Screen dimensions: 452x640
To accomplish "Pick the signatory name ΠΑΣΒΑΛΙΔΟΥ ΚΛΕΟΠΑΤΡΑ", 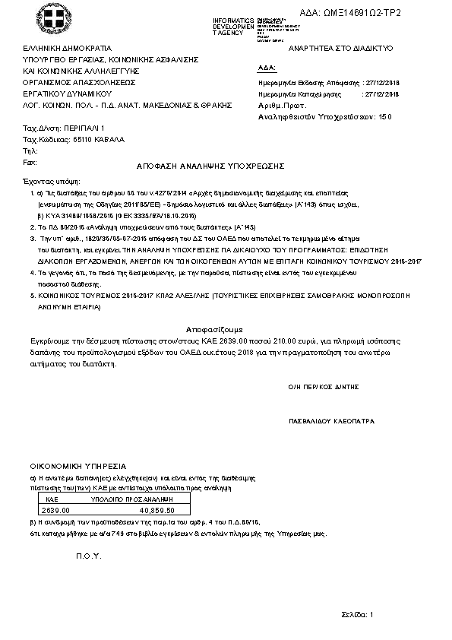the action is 327,420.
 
